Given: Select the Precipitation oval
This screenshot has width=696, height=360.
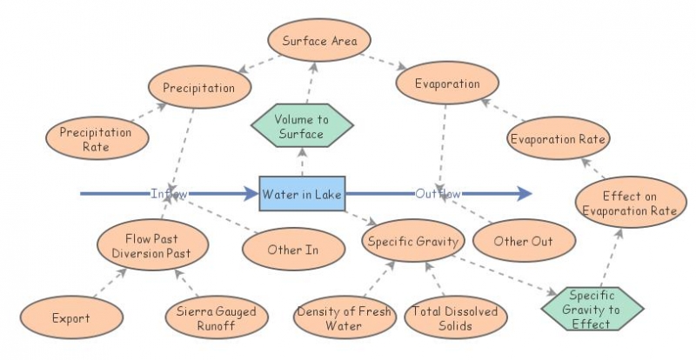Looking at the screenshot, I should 200,88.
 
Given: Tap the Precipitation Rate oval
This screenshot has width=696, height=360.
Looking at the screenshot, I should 96,139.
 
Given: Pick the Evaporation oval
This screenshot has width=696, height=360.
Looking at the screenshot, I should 448,84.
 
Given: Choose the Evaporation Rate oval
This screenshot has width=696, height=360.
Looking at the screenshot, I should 559,139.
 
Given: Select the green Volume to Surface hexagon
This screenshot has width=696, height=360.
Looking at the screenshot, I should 303,126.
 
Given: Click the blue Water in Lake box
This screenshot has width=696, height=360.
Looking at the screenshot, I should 303,193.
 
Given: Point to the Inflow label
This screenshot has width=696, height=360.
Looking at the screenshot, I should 169,193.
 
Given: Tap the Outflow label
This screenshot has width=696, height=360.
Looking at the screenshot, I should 438,193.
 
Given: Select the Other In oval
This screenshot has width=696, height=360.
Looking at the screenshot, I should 292,250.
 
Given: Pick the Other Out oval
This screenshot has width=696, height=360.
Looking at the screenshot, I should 523,241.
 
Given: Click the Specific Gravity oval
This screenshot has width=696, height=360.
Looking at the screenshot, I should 412,242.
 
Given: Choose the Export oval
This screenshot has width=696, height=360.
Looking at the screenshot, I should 70,317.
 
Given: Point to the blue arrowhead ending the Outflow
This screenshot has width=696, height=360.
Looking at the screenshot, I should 522,193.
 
